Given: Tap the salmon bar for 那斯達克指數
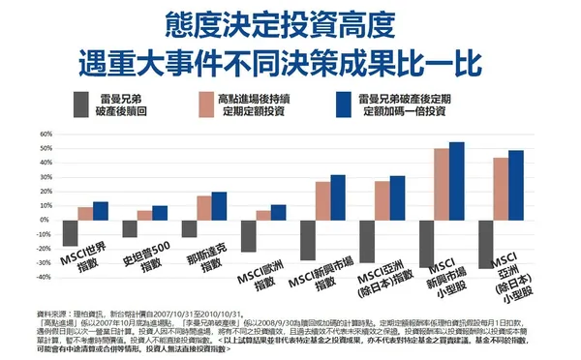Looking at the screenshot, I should pyautogui.click(x=203, y=208).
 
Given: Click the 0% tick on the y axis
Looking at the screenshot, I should pyautogui.click(x=45, y=221).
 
